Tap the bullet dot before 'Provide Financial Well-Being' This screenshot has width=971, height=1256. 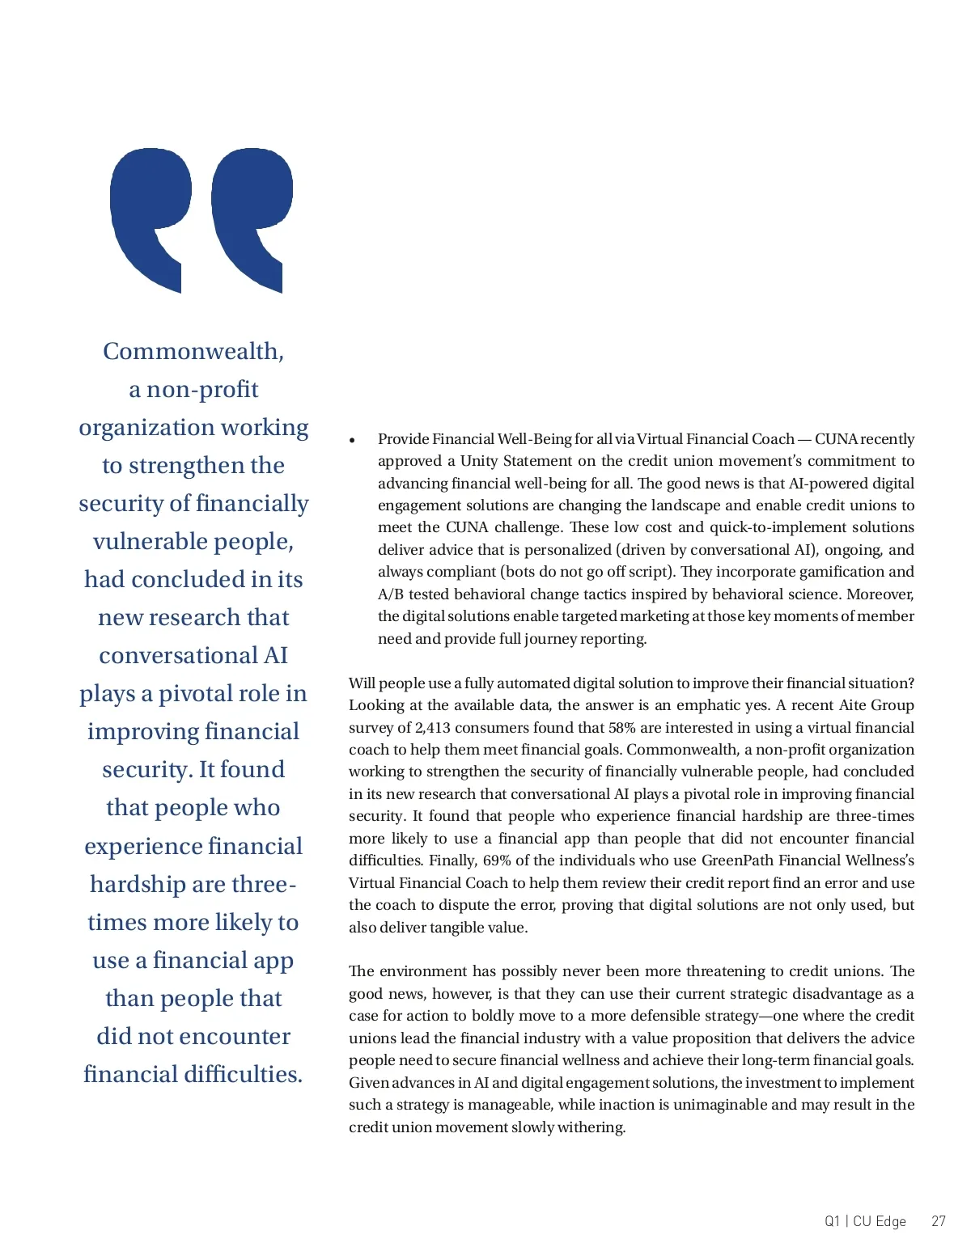click(x=353, y=441)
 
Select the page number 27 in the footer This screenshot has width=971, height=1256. click(x=938, y=1221)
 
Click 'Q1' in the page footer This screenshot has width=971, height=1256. click(x=832, y=1221)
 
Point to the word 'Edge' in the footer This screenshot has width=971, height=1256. click(x=890, y=1221)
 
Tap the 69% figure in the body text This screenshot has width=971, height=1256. click(x=497, y=861)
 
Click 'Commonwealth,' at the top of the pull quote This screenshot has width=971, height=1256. click(x=193, y=352)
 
